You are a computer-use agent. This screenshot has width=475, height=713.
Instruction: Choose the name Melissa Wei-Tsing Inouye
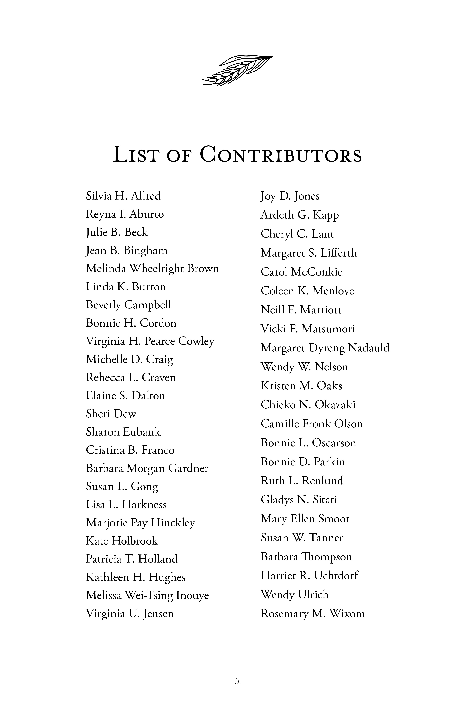pyautogui.click(x=147, y=595)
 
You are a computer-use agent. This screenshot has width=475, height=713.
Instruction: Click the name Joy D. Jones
pyautogui.click(x=290, y=196)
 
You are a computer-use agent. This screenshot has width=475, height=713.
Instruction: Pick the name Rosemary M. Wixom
pyautogui.click(x=313, y=614)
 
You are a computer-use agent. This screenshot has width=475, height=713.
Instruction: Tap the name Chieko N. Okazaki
pyautogui.click(x=308, y=405)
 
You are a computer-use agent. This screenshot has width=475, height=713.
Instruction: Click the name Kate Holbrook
pyautogui.click(x=122, y=541)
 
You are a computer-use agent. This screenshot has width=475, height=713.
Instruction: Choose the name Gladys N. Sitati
pyautogui.click(x=299, y=500)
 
